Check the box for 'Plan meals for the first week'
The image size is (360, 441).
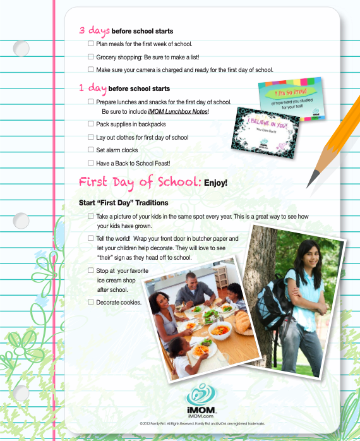point(91,44)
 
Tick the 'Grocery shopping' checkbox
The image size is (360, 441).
point(91,57)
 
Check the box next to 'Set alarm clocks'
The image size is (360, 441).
point(91,150)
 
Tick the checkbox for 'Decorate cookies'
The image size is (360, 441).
point(91,302)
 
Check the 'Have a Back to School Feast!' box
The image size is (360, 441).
point(91,162)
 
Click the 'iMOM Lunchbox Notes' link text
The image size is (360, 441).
point(173,111)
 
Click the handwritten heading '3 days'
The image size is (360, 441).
point(94,30)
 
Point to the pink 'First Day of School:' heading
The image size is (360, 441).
point(140,182)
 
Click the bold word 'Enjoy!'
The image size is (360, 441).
point(215,183)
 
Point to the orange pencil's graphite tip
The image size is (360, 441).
point(309,185)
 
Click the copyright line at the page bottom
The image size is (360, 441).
point(202,424)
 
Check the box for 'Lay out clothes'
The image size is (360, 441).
point(91,137)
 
